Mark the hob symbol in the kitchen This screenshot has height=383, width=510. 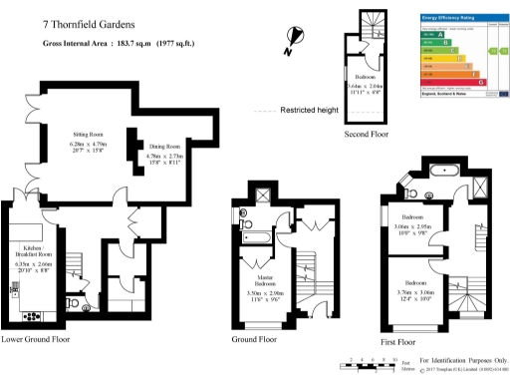pyautogui.click(x=27, y=316)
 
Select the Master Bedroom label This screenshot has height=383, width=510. pyautogui.click(x=266, y=284)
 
